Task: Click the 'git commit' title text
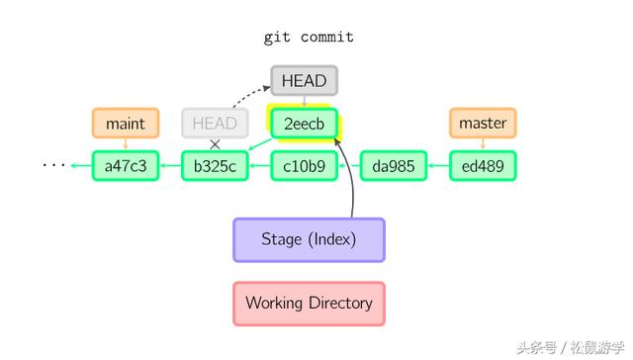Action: (x=309, y=37)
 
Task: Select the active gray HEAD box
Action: (x=305, y=80)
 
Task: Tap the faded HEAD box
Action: (x=215, y=123)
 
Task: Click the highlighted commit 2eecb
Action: (x=305, y=124)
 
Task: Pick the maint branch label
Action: (x=125, y=123)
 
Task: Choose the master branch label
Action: (x=483, y=123)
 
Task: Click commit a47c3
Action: (x=125, y=165)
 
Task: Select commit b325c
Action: (x=215, y=165)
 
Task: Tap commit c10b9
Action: (x=305, y=165)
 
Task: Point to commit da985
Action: (x=393, y=165)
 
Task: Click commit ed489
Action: (x=483, y=165)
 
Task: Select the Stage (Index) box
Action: (x=309, y=239)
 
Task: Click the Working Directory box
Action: (x=309, y=303)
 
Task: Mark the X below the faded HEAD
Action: (x=215, y=144)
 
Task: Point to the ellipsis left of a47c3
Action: (x=52, y=165)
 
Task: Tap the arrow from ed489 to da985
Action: (x=437, y=165)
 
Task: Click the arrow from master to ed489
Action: (x=483, y=144)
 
